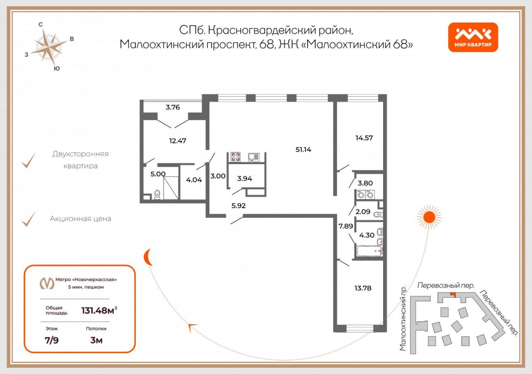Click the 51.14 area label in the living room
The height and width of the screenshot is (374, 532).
pyautogui.click(x=303, y=150)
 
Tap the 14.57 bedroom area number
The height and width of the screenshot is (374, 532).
pyautogui.click(x=364, y=138)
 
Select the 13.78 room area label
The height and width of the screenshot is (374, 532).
pyautogui.click(x=363, y=288)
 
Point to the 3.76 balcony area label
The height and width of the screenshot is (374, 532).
pyautogui.click(x=172, y=107)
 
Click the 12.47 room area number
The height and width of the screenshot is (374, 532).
pyautogui.click(x=178, y=141)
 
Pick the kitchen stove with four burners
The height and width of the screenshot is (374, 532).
pyautogui.click(x=236, y=157)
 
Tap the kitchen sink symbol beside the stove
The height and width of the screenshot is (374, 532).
pyautogui.click(x=254, y=157)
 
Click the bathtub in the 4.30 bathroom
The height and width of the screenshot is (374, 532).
pyautogui.click(x=369, y=251)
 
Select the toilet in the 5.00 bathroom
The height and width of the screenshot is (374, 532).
pyautogui.click(x=157, y=195)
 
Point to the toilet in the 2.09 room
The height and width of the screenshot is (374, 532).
pyautogui.click(x=378, y=215)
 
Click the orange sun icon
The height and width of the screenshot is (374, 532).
pyautogui.click(x=429, y=217)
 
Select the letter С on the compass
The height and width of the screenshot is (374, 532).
pyautogui.click(x=41, y=24)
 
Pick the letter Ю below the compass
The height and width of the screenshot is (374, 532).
pyautogui.click(x=57, y=69)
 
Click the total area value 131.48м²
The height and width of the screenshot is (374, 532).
pyautogui.click(x=99, y=310)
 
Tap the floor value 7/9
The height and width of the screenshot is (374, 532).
pyautogui.click(x=51, y=340)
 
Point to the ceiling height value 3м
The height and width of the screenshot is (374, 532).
pyautogui.click(x=97, y=340)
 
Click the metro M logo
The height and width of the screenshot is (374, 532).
pyautogui.click(x=47, y=283)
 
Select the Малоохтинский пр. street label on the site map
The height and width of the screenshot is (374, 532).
pyautogui.click(x=403, y=319)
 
